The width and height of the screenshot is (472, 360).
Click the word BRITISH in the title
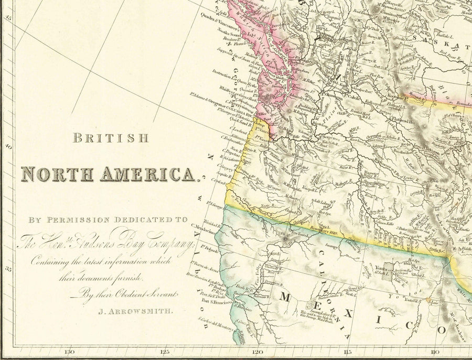[x=111, y=139]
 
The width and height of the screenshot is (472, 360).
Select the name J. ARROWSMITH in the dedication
[x=135, y=311]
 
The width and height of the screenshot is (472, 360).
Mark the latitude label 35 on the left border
[x=8, y=270]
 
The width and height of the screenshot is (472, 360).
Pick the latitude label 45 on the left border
[x=8, y=17]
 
